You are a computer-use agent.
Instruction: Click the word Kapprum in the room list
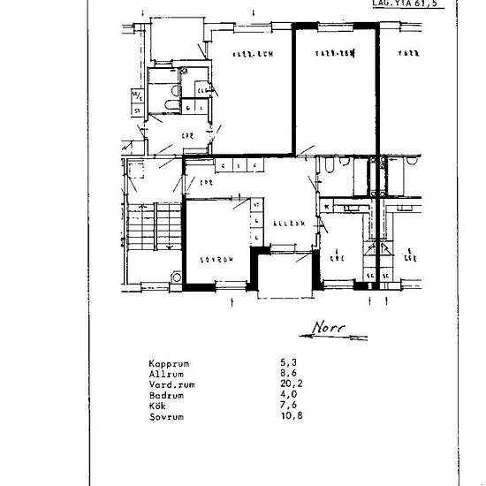(x=168, y=363)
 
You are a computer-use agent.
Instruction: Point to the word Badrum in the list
(x=166, y=395)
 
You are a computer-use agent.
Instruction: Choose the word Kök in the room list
(x=158, y=405)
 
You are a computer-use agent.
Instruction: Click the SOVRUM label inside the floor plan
(x=216, y=261)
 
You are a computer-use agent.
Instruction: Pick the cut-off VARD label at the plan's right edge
(x=407, y=54)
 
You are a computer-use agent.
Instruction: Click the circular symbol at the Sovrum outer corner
(x=177, y=277)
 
